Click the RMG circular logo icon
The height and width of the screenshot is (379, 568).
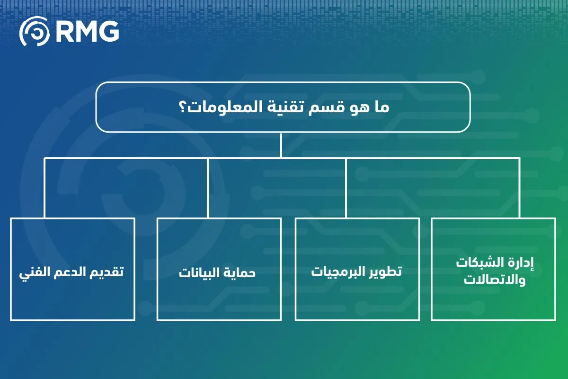[x=34, y=32]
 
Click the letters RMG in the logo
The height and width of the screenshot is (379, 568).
[x=87, y=32]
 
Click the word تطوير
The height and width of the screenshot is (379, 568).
[x=386, y=272]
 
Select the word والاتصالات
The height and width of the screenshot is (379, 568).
[x=494, y=280]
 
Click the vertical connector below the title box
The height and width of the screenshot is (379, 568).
[x=281, y=144]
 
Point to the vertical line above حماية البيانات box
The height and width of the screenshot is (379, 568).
[x=208, y=188]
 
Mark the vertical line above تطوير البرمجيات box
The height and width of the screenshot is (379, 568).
[x=346, y=188]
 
